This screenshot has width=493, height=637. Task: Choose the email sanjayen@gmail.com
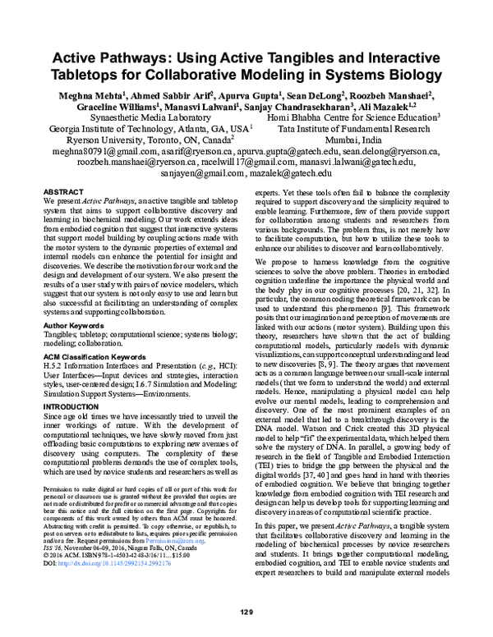click(x=209, y=175)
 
